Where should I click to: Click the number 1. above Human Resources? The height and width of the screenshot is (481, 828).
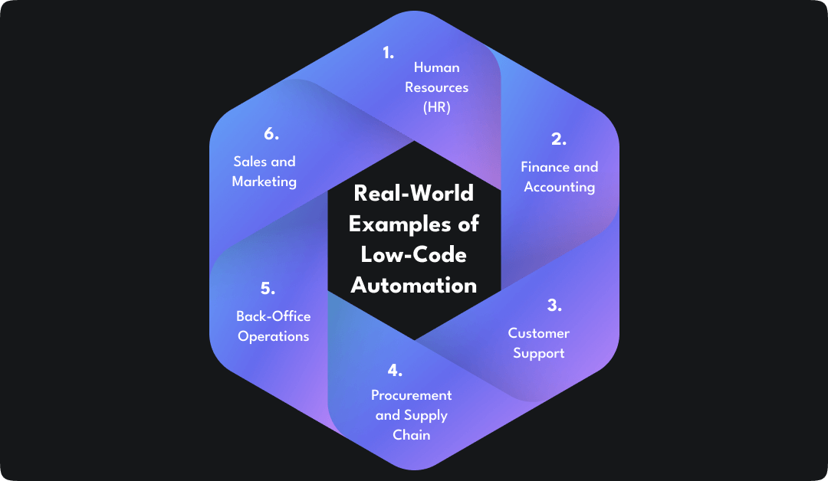tap(388, 53)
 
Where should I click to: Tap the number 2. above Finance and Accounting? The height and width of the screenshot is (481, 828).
tap(559, 139)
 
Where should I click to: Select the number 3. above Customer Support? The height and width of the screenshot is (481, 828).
tap(554, 305)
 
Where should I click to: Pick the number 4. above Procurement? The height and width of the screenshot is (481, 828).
tap(395, 371)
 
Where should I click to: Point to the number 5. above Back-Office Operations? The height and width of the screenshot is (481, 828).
tap(268, 289)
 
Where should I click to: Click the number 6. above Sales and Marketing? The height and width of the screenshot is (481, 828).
tap(271, 134)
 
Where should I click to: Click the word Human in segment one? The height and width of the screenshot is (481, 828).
tap(437, 67)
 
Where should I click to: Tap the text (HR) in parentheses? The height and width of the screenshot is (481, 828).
tap(437, 107)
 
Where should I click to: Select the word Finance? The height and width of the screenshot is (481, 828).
tap(545, 167)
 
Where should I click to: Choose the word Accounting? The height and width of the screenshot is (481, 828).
tap(560, 187)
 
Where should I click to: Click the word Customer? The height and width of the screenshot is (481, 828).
tap(539, 333)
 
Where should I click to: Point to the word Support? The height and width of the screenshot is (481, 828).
tap(539, 353)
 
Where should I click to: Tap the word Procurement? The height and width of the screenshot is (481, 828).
tap(412, 395)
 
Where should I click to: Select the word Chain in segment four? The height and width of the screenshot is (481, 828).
tap(412, 435)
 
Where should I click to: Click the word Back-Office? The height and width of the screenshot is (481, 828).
tap(274, 316)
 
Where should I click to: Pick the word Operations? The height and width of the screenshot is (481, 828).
tap(274, 336)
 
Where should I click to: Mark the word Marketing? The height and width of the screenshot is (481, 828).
tap(264, 182)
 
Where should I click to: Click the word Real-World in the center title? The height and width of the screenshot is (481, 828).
tap(414, 193)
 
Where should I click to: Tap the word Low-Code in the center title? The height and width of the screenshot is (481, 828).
tap(414, 254)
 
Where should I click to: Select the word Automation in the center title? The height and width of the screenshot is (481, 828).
tap(414, 285)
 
